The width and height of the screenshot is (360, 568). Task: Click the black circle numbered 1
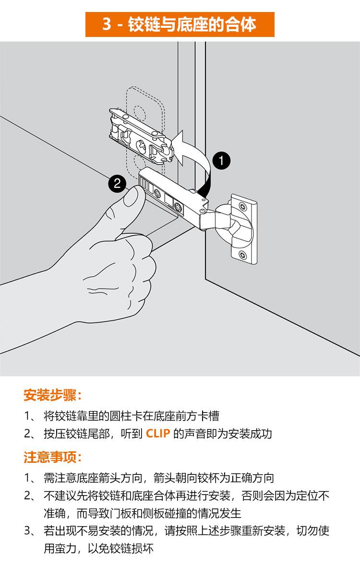point(221,160)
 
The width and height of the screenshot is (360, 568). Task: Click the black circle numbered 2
point(117,183)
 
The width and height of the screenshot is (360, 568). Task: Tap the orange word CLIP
point(158,434)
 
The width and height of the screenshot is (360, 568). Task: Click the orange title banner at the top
point(180,24)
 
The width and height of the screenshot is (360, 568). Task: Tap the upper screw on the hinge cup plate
point(243,207)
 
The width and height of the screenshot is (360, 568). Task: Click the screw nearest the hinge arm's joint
point(178,207)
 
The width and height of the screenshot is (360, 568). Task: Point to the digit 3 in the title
point(107,24)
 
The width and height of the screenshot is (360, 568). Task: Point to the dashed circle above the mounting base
point(139,112)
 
